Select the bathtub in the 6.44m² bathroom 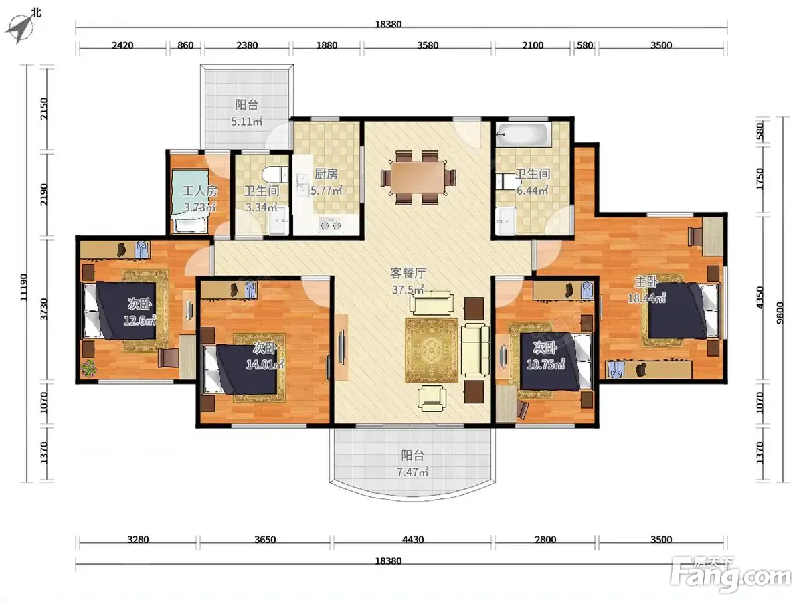(523, 134)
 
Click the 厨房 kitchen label (327, 174)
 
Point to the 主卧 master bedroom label (646, 282)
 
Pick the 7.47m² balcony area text (413, 472)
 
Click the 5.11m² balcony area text (246, 121)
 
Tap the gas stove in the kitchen (331, 225)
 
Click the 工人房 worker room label (200, 191)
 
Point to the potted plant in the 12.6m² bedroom (89, 368)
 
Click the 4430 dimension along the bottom (413, 540)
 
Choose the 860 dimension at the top (185, 45)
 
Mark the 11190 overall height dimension (24, 288)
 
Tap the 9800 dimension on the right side (780, 313)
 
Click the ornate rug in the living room (432, 350)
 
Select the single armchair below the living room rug (432, 399)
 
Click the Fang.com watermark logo (731, 577)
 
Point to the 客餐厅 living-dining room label (408, 273)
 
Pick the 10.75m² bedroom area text (545, 364)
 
